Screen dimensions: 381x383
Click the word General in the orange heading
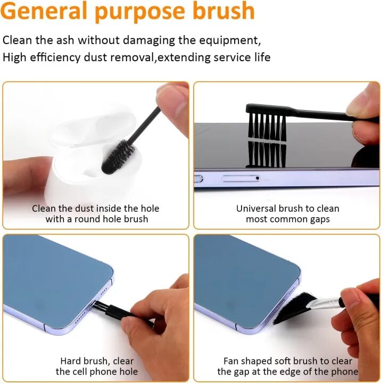tap(44, 11)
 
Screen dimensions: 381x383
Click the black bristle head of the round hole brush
tap(118, 156)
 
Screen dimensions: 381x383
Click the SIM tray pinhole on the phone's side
tap(258, 178)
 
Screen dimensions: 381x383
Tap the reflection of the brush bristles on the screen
tap(267, 154)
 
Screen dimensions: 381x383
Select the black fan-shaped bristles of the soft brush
tap(293, 308)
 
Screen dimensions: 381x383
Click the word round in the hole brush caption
tap(87, 219)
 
